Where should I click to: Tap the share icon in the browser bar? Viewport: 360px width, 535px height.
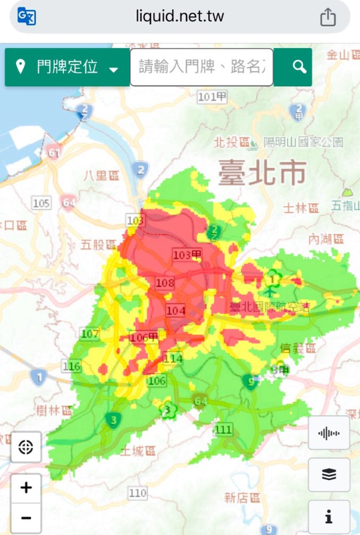tap(327, 17)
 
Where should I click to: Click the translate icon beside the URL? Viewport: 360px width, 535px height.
tap(27, 17)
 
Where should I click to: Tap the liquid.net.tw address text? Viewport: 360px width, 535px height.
tap(179, 17)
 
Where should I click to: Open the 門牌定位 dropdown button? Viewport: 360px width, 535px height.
tap(67, 67)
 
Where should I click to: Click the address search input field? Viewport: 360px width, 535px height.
tap(201, 67)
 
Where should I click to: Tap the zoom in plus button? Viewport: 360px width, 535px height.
tap(26, 488)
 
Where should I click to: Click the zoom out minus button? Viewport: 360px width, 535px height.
tap(26, 518)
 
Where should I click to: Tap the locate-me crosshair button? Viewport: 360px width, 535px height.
tap(26, 447)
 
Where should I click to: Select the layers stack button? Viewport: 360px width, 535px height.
tap(329, 475)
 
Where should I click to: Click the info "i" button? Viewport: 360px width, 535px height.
tap(329, 516)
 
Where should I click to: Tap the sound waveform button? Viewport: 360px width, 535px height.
tap(329, 433)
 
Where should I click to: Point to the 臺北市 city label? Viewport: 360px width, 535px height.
tap(262, 173)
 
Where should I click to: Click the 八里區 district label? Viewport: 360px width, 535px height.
tap(101, 175)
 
